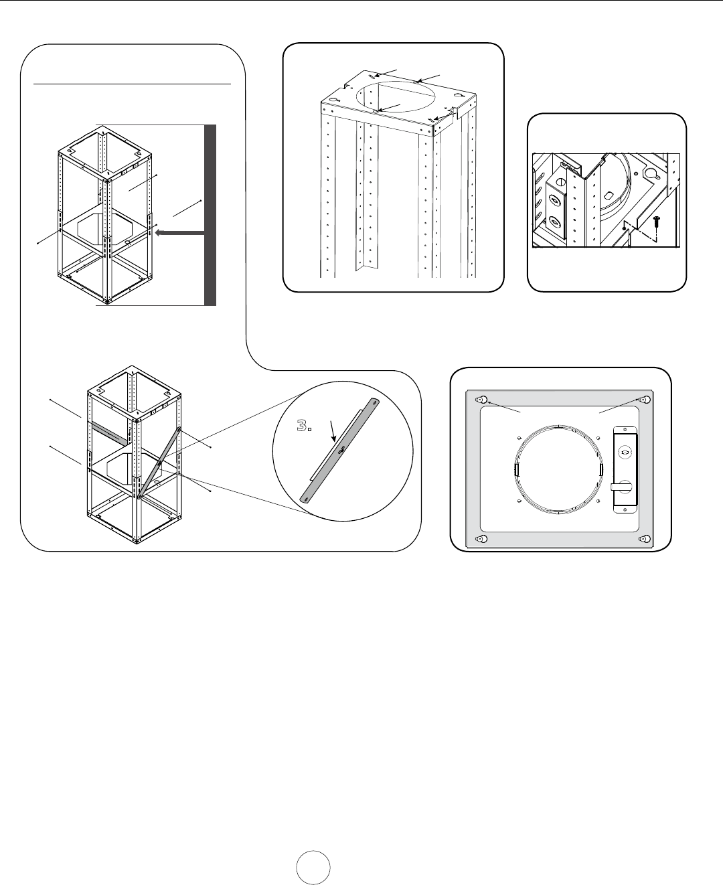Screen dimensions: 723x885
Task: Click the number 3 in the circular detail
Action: tap(301, 426)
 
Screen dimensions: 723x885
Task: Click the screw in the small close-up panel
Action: tap(657, 221)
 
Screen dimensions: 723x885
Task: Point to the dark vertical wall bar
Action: tap(210, 215)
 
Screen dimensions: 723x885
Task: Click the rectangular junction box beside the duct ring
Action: tap(625, 469)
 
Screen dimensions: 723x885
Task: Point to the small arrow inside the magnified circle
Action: tap(333, 431)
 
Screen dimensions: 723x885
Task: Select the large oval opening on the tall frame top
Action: tap(395, 97)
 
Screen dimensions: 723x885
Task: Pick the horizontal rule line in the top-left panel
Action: tap(132, 84)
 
